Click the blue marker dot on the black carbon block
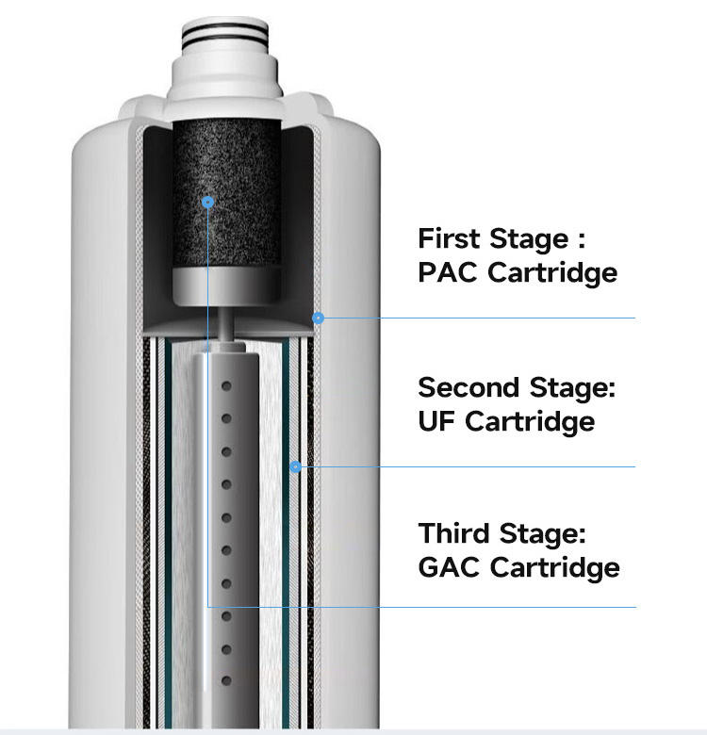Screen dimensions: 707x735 tap(208, 202)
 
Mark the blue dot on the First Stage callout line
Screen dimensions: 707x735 tap(319, 318)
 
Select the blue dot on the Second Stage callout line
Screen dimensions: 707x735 tap(295, 466)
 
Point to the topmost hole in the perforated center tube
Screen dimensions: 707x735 tap(226, 386)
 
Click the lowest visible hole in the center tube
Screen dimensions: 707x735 tap(226, 681)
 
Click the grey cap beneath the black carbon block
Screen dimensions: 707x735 tap(226, 284)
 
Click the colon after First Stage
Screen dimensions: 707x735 tap(592, 238)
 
